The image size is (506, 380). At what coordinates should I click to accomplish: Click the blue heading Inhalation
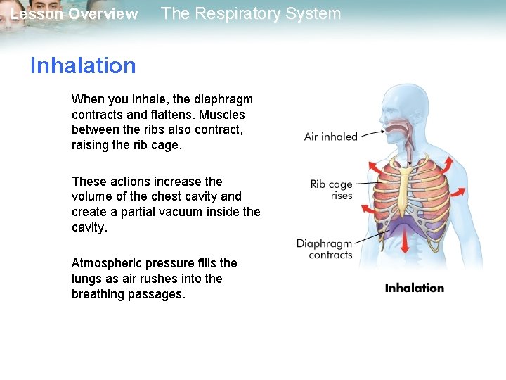(83, 65)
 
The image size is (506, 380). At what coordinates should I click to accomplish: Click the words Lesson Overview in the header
(74, 14)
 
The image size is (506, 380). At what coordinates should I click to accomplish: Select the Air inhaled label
(330, 137)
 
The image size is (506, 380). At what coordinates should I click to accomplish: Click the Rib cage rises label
(331, 190)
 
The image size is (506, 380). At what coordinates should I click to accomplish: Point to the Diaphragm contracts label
(324, 249)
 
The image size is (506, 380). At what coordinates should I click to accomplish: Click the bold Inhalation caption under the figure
(415, 288)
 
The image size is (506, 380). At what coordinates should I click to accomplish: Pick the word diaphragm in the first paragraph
(224, 99)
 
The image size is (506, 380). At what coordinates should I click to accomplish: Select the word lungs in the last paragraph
(87, 279)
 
